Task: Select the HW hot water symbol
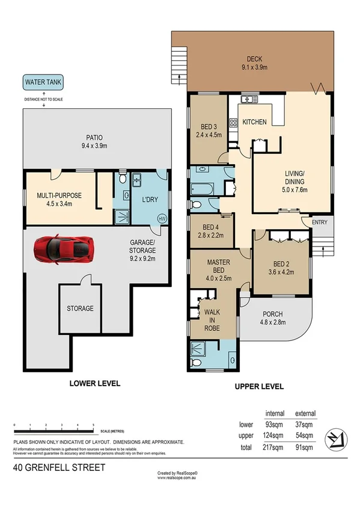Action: pos(161,218)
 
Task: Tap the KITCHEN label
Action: pos(254,122)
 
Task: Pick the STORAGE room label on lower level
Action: pos(80,309)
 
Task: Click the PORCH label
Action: pos(272,314)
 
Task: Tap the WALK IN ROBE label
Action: pos(211,321)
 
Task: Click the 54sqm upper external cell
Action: pos(304,436)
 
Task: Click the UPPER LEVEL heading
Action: pos(260,387)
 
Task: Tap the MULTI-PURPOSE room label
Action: pos(58,195)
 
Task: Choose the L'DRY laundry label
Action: pos(148,199)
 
